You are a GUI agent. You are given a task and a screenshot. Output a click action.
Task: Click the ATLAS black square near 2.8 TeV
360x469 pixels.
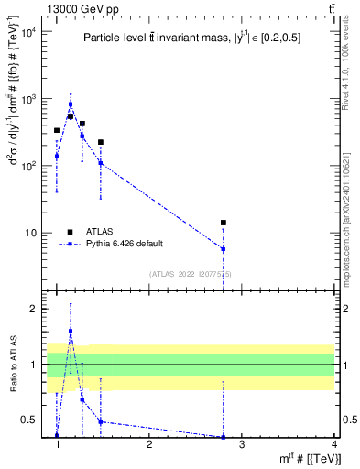pos(223,223)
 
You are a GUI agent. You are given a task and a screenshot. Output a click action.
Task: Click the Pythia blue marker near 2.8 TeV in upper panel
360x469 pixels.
pos(223,249)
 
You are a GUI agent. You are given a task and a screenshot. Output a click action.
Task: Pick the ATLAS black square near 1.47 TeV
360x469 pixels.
pos(101,142)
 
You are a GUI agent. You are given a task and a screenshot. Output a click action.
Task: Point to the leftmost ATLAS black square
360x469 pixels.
pos(57,131)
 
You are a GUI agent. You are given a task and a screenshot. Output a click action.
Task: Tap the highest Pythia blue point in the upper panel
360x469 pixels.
pos(71,104)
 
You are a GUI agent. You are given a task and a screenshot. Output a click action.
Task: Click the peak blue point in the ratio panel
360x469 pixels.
pos(71,332)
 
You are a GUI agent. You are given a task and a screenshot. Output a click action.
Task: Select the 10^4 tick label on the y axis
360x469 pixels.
pos(27,33)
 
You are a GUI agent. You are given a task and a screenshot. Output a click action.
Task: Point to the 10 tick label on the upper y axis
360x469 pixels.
pos(29,233)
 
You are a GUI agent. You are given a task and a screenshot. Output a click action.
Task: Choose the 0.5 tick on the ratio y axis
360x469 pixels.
pos(29,420)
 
